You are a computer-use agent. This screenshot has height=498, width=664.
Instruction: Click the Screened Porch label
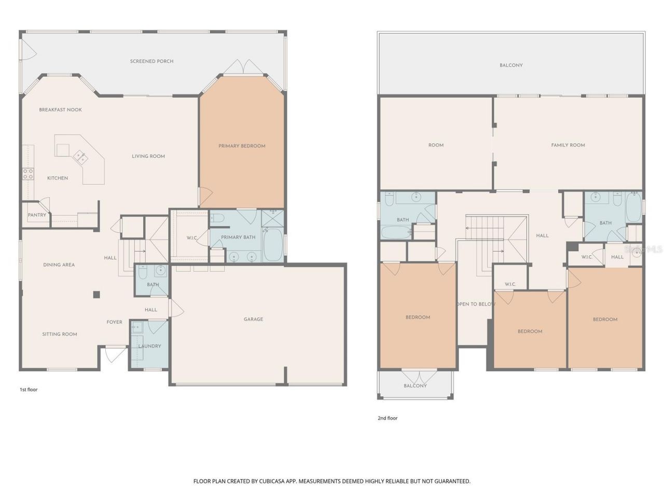[151, 61]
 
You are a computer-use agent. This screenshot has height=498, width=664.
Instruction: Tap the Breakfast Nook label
[60, 110]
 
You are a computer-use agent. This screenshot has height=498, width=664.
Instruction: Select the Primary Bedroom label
[242, 146]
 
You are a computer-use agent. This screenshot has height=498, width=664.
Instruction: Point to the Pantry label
[37, 215]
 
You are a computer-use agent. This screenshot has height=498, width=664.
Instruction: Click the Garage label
[253, 319]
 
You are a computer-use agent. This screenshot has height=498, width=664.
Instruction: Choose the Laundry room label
[149, 346]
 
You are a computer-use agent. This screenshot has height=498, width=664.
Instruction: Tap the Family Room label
[568, 145]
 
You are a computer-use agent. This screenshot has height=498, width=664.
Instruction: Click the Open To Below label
[475, 304]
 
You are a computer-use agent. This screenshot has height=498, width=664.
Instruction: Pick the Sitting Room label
[60, 334]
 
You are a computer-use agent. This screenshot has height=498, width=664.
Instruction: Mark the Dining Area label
[59, 265]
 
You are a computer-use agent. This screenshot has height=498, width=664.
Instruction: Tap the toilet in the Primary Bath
[217, 218]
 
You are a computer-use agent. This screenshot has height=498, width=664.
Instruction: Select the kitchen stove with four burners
[27, 173]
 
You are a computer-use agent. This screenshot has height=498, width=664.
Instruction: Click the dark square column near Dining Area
[96, 295]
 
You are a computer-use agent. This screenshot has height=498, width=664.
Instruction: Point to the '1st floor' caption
[29, 390]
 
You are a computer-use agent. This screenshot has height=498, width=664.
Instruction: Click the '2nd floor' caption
[387, 418]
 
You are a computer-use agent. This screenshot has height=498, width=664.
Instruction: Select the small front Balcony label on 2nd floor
[415, 386]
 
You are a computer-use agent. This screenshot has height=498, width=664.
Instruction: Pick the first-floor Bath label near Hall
[153, 285]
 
